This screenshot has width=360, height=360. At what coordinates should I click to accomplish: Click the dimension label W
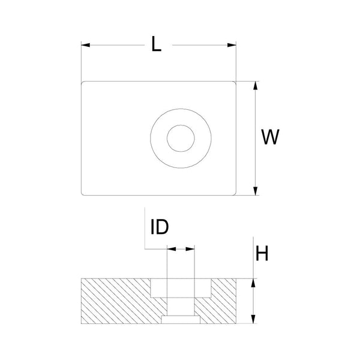(271, 137)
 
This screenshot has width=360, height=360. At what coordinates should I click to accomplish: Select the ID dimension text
(159, 227)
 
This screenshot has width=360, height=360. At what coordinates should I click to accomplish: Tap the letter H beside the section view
(262, 254)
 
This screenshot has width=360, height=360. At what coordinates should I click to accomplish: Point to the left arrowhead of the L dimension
(85, 44)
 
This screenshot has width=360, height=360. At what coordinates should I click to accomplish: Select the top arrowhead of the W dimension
(256, 85)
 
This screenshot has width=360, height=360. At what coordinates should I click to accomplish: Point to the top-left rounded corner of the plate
(83, 83)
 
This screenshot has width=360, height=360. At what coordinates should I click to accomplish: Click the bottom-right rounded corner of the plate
(235, 193)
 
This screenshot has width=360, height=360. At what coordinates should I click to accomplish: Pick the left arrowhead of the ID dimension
(170, 248)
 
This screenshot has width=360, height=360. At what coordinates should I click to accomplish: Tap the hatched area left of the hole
(114, 300)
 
